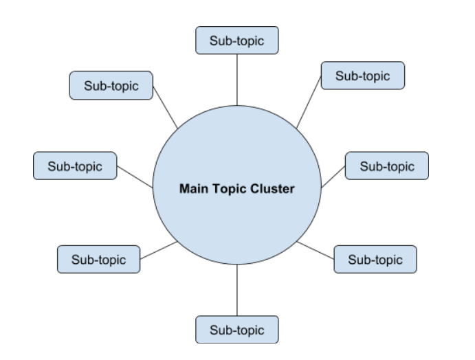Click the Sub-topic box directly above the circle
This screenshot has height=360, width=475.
pos(237,41)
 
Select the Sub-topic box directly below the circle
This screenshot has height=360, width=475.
pos(237,328)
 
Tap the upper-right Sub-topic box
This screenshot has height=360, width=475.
pos(362,76)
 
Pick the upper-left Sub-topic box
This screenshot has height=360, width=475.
pos(111,86)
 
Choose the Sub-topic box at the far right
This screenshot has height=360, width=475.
pos(387,166)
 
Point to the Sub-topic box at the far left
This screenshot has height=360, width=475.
pos(75,166)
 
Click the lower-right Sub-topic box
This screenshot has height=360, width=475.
pos(375,259)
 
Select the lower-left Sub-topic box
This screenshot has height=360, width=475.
pos(99,259)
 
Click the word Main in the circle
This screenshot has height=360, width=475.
pos(192,188)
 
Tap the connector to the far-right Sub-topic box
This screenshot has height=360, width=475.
pos(333,176)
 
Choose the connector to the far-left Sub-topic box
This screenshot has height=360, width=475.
pos(135,176)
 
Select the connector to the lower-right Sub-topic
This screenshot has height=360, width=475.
pos(316,250)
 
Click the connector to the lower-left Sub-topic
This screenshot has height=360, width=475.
pos(159,250)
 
